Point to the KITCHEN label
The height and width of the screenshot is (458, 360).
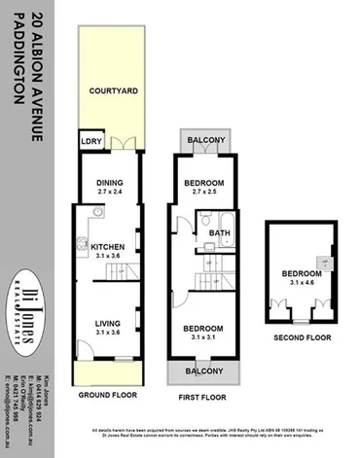(x=108, y=248)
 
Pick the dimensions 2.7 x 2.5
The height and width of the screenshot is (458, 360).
(x=205, y=194)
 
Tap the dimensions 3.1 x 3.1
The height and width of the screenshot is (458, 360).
(x=205, y=338)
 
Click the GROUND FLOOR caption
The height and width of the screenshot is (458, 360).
(x=105, y=396)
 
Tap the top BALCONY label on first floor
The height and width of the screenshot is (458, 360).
(x=205, y=140)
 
